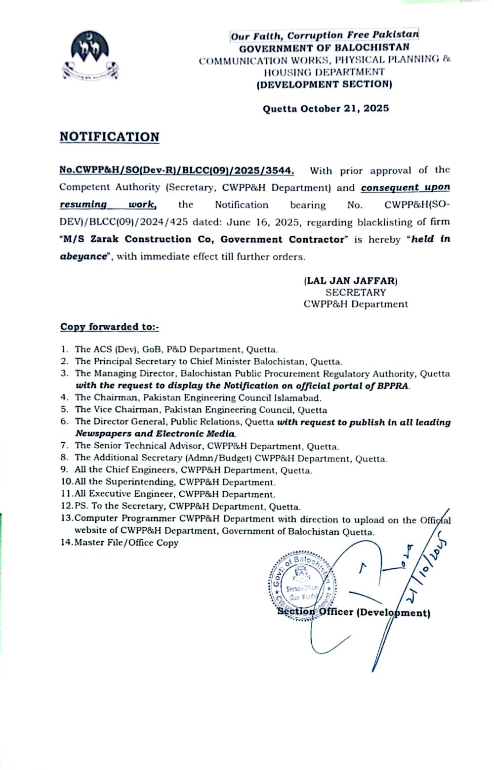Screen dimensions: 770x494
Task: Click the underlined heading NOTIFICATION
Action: pos(110,137)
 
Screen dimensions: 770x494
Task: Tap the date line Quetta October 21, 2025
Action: pos(326,108)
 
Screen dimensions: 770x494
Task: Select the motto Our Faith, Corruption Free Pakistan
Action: pos(325,36)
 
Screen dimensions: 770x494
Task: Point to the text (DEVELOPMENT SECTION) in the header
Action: pos(324,84)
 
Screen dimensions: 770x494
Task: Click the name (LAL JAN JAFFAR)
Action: pos(351,281)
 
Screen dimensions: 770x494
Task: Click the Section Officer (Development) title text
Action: pos(354,613)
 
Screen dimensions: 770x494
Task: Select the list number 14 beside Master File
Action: pos(66,543)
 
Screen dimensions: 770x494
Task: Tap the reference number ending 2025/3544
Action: pos(176,171)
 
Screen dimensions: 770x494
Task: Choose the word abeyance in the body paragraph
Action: pos(83,257)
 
